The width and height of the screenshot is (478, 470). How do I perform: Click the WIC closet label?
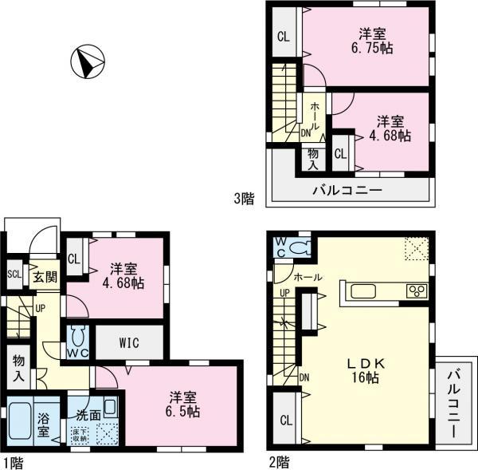click(130, 343)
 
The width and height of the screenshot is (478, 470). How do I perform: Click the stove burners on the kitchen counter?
click(418, 290)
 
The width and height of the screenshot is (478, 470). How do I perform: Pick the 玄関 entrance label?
click(43, 277)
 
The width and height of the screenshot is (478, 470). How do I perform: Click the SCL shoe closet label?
click(14, 274)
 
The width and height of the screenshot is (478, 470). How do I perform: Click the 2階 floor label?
click(279, 460)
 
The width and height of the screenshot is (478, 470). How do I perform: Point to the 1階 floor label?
click(11, 460)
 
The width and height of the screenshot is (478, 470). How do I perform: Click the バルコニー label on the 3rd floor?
click(347, 191)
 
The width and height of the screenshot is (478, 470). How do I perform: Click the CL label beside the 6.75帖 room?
click(283, 37)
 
